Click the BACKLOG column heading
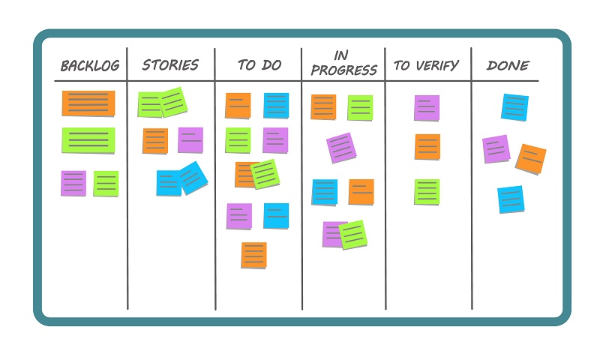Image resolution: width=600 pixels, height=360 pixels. tap(90, 66)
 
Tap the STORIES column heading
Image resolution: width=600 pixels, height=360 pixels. tap(170, 65)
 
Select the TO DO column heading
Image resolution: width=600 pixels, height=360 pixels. tap(259, 65)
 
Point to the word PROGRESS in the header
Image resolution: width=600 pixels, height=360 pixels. tap(343, 71)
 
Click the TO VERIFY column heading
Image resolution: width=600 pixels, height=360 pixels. tap(426, 66)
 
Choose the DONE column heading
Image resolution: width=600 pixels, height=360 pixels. tap(508, 66)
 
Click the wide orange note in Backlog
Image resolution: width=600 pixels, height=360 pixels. tap(88, 103)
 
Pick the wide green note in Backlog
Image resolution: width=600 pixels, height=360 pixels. tap(88, 140)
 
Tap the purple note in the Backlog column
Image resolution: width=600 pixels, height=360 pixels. tap(73, 183)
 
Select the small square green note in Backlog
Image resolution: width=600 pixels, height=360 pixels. tap(106, 183)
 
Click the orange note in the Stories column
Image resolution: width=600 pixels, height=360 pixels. tap(155, 141)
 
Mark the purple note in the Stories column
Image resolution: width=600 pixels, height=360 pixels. tap(190, 140)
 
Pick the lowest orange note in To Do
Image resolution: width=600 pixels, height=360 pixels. tap(253, 255)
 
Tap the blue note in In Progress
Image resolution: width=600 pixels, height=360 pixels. tap(325, 192)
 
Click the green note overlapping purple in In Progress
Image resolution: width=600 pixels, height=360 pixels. tap(353, 235)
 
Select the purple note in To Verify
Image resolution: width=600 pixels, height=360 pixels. tap(427, 108)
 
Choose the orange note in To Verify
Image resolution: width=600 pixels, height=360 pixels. tap(427, 147)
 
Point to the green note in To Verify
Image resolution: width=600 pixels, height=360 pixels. tap(427, 191)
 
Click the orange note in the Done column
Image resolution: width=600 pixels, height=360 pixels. tap(531, 159)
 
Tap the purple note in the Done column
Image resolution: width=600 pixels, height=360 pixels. tap(496, 149)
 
